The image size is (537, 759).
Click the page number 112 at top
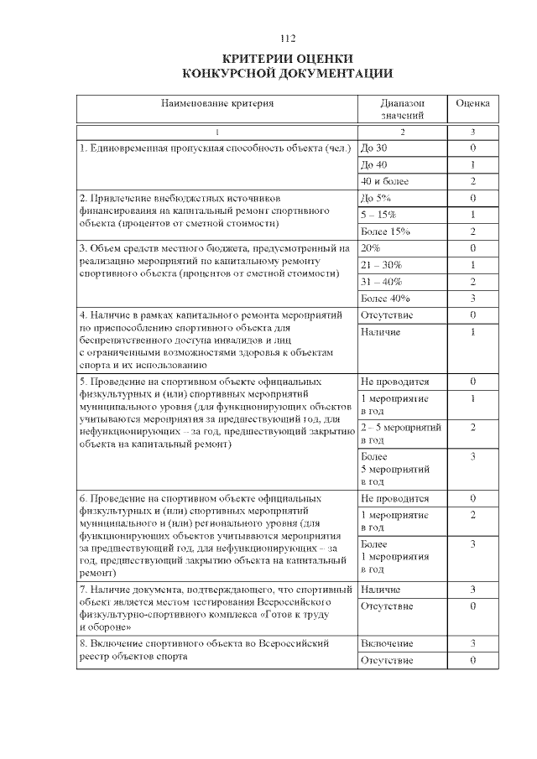click(x=289, y=39)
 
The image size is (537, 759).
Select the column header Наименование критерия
click(x=217, y=103)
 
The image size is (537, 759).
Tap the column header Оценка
click(x=472, y=103)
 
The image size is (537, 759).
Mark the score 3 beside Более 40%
click(x=472, y=298)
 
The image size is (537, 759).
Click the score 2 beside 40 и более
click(x=472, y=180)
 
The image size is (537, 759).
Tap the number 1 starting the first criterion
click(x=81, y=148)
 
